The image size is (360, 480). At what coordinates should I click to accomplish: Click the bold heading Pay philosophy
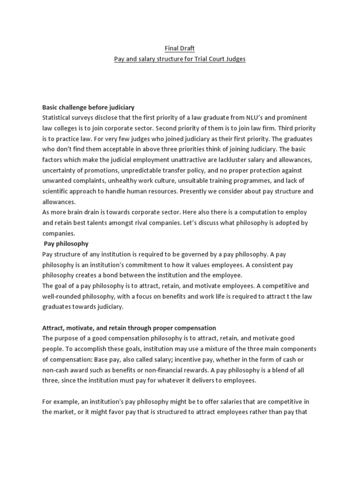click(x=66, y=244)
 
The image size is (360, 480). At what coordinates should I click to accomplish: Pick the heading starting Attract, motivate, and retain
click(x=129, y=328)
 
